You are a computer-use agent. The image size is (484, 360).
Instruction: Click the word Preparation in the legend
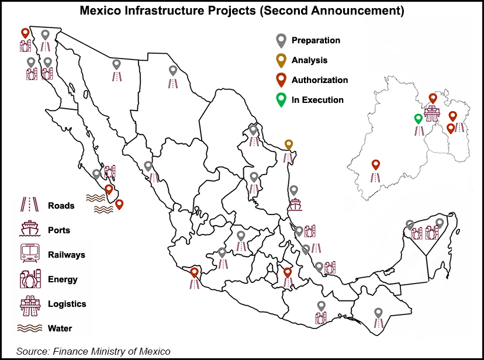click(316, 40)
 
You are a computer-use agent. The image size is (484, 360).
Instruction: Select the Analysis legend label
click(309, 60)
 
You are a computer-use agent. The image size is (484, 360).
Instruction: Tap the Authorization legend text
click(320, 80)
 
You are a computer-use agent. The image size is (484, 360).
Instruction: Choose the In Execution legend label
click(317, 100)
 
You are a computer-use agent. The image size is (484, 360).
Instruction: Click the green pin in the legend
click(281, 99)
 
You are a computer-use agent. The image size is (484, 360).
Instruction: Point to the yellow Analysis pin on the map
click(288, 144)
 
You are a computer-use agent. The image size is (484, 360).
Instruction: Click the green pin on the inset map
click(418, 119)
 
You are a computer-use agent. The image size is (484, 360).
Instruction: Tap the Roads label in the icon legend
click(61, 206)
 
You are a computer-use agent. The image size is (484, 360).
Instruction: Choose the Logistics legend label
click(67, 304)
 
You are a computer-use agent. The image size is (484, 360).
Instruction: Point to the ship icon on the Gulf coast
click(295, 205)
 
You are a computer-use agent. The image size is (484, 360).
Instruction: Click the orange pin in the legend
click(281, 79)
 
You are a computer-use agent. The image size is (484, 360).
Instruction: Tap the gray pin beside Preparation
click(281, 40)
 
